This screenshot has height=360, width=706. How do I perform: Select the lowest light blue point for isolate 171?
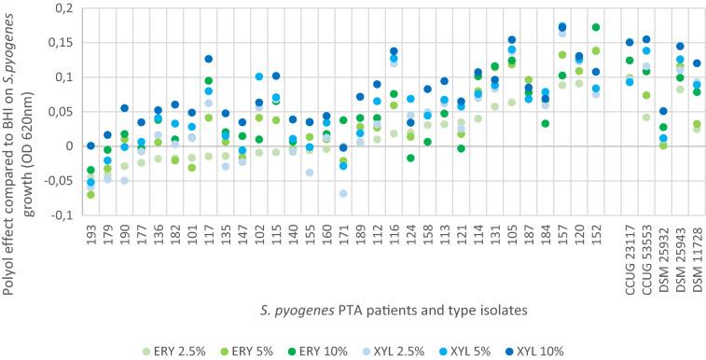pos(343,193)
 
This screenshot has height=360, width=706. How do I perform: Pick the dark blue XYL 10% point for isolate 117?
pos(209,60)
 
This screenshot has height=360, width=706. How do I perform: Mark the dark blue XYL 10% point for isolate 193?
pos(90,145)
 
